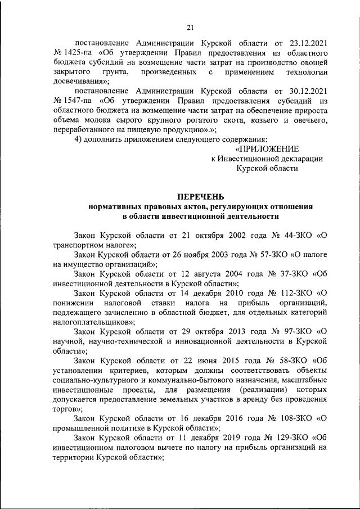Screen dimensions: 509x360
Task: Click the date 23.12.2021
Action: click(x=304, y=43)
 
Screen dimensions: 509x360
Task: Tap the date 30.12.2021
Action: click(x=304, y=91)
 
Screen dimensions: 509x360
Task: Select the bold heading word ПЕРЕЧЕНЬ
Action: click(x=201, y=197)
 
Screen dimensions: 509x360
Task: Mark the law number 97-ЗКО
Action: click(x=291, y=332)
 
